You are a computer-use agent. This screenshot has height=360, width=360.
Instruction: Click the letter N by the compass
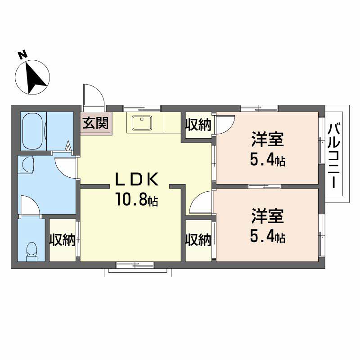(x=23, y=55)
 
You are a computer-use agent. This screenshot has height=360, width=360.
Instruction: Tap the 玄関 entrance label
(x=95, y=123)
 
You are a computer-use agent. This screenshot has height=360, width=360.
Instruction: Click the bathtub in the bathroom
(x=33, y=131)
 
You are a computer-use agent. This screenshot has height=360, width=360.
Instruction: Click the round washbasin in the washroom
(x=27, y=164)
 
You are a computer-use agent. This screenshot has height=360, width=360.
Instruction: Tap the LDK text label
(x=137, y=179)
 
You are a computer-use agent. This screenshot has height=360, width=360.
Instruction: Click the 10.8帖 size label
(x=137, y=199)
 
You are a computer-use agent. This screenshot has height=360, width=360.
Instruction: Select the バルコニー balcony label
(x=334, y=156)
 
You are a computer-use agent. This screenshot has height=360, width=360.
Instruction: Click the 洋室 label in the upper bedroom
(x=267, y=139)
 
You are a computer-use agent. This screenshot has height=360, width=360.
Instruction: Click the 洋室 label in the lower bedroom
(x=267, y=216)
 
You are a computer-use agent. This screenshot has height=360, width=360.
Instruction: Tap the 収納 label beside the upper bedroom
(x=198, y=125)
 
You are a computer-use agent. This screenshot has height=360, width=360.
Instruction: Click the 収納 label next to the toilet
(x=63, y=240)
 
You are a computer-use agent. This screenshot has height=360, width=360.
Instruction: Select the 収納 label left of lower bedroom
(x=198, y=240)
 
